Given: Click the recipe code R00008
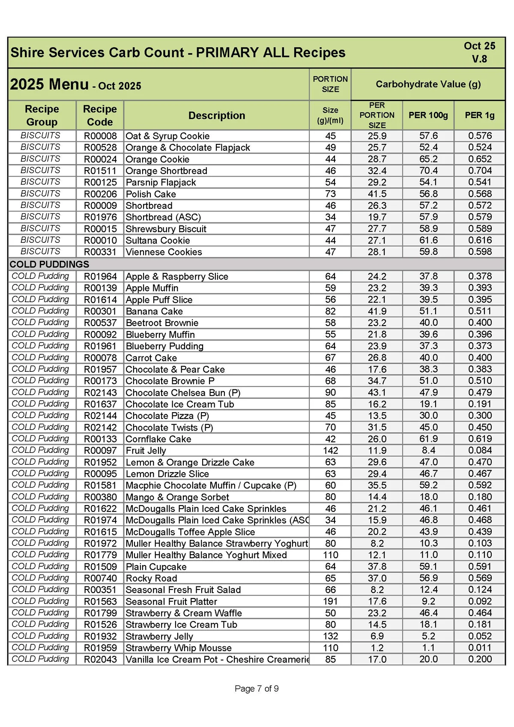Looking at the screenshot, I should tap(100, 136).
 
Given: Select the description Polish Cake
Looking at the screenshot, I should tap(151, 194).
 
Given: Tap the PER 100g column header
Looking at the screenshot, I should tap(428, 115).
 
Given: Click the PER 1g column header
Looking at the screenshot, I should tap(479, 115).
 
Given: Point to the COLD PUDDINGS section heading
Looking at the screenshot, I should tap(49, 264).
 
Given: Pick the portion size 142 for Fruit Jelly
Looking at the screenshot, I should tap(330, 451).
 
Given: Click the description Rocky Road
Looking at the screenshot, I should tap(151, 578).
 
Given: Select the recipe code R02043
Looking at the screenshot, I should tap(100, 659).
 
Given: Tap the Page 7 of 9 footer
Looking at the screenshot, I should tap(257, 688).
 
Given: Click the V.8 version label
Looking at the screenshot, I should tap(479, 59).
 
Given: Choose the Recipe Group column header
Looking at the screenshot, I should tap(42, 115).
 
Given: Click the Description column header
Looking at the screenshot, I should tap(217, 116).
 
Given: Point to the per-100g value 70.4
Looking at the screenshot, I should tap(428, 171).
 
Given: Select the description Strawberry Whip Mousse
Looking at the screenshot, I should tap(179, 648).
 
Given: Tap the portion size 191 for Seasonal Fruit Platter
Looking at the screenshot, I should tap(330, 601).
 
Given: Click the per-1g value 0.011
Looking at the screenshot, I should tap(479, 648).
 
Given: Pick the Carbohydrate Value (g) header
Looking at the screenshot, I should tap(428, 84).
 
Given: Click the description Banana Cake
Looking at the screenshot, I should tap(154, 311).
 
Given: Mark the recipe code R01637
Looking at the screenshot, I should tap(100, 404).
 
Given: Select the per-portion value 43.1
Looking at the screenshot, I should tap(377, 393).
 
